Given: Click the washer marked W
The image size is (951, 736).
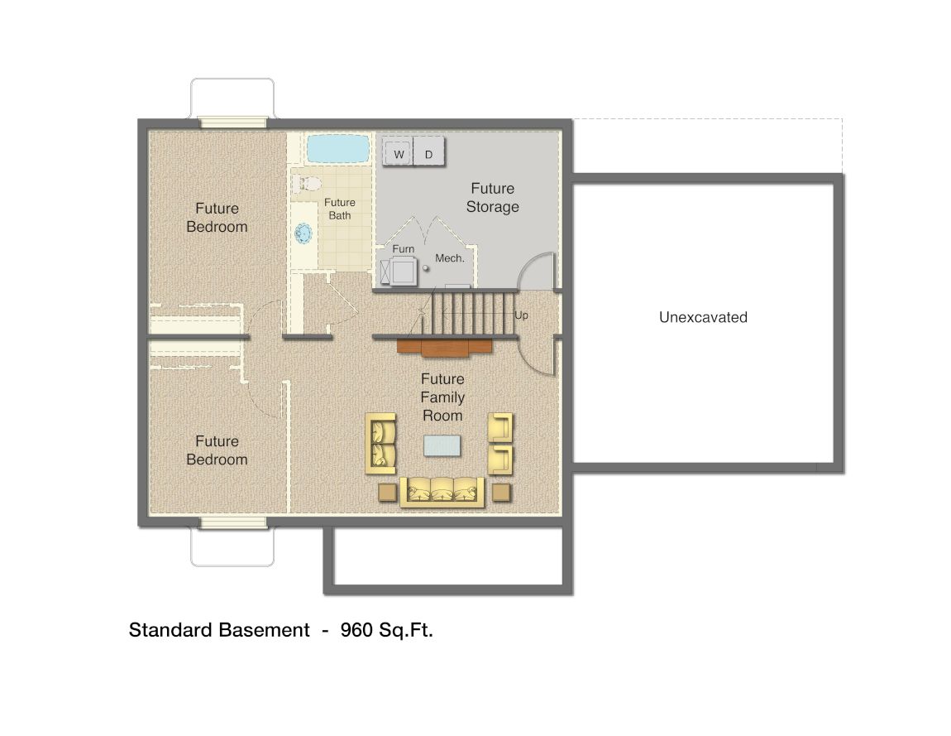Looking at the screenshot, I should pyautogui.click(x=399, y=153).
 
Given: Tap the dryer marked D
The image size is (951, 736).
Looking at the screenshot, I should pyautogui.click(x=428, y=153).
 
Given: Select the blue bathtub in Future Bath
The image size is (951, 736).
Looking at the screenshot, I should pyautogui.click(x=337, y=150).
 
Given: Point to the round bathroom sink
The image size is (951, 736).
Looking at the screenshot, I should pyautogui.click(x=303, y=234).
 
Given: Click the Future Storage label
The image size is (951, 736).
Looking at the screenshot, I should pyautogui.click(x=492, y=198).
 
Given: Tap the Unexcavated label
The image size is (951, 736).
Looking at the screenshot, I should pyautogui.click(x=703, y=317).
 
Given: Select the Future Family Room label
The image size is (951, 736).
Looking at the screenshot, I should pyautogui.click(x=442, y=397).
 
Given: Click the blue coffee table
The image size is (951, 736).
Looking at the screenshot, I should pyautogui.click(x=442, y=445).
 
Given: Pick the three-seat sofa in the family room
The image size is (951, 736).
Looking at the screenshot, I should pyautogui.click(x=442, y=491).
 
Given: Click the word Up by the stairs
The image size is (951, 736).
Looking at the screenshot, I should pyautogui.click(x=521, y=315).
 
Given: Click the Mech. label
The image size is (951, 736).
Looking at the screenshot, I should pyautogui.click(x=450, y=258).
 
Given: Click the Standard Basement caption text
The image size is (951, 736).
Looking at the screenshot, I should pyautogui.click(x=218, y=630).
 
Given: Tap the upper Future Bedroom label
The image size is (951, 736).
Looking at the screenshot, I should pyautogui.click(x=217, y=218).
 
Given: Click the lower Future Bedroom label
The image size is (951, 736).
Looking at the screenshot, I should pyautogui.click(x=217, y=450).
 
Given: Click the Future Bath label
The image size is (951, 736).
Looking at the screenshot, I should pyautogui.click(x=339, y=209).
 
